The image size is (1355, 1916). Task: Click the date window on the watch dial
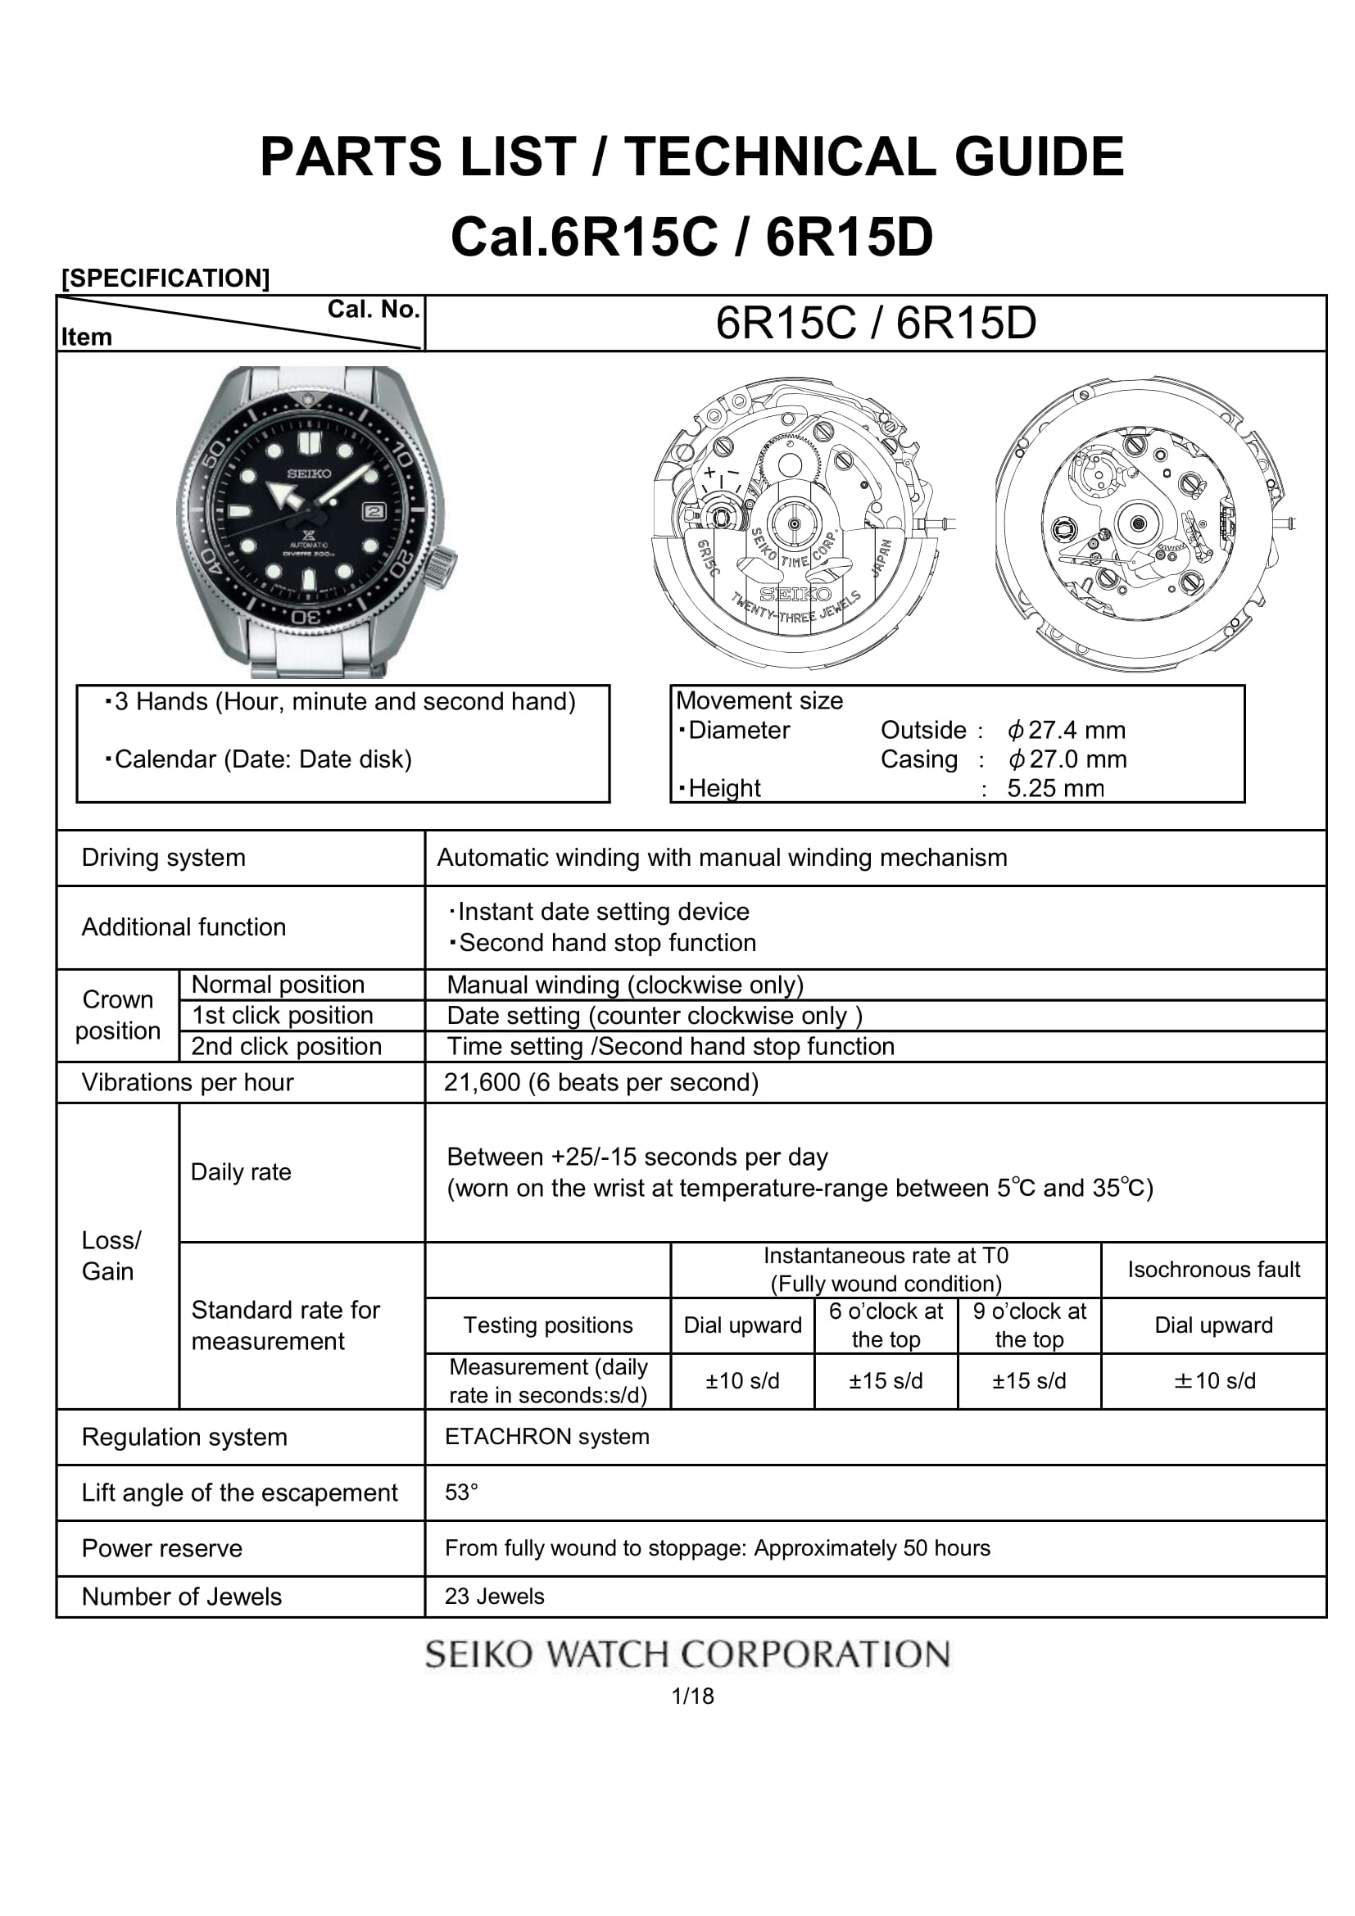[x=374, y=511]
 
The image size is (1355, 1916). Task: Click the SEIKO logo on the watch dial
[x=310, y=474]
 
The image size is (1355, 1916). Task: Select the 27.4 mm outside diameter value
[x=1067, y=730]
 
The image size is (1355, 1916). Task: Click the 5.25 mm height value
[x=1054, y=788]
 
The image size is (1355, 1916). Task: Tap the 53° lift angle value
[x=461, y=1492]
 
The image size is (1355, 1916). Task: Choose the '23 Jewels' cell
[x=494, y=1597]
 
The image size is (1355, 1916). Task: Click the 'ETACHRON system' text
[x=546, y=1436]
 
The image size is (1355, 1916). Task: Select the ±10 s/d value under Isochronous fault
[x=1214, y=1380]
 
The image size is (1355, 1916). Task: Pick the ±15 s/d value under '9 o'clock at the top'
[x=1029, y=1380]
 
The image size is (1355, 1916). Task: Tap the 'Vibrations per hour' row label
[x=188, y=1082]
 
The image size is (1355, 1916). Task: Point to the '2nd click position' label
[x=286, y=1046]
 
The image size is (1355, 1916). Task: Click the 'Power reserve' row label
[x=162, y=1548]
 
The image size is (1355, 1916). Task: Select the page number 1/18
[x=692, y=1696]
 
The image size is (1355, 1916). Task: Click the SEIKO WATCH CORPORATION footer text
[x=687, y=1654]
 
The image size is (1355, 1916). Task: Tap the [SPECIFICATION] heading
[x=166, y=278]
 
